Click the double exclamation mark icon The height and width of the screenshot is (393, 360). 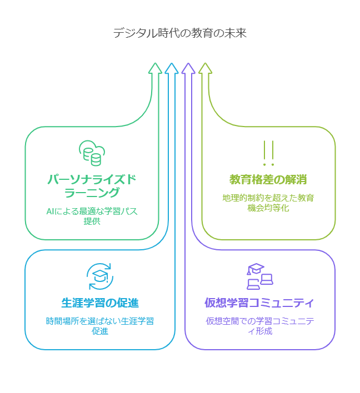268,154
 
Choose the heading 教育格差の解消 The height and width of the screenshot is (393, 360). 268,180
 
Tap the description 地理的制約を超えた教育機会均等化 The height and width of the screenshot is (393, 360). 268,203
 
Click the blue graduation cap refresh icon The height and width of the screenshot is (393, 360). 100,276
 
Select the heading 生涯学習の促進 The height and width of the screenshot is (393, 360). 100,303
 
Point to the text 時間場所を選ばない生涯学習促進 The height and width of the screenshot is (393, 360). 100,326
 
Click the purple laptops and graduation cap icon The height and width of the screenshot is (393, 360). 259,276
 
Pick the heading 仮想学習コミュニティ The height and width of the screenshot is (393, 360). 259,303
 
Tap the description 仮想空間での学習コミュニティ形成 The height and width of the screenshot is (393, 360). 259,326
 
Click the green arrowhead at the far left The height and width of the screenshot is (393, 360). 156,68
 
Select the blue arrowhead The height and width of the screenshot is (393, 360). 172,68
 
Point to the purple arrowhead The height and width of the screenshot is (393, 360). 188,68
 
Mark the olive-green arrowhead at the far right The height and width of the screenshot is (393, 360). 205,68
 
